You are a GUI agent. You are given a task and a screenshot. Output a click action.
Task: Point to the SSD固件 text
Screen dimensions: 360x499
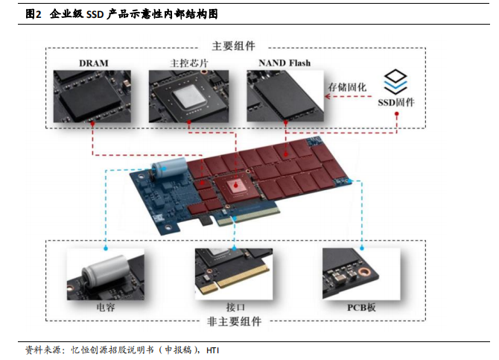click(397, 101)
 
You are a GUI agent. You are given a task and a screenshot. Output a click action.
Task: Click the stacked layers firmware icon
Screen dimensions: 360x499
click(397, 80)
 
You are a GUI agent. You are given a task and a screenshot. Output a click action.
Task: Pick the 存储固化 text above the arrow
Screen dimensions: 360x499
click(347, 87)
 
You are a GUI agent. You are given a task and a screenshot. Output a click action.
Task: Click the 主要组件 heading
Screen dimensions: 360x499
click(235, 45)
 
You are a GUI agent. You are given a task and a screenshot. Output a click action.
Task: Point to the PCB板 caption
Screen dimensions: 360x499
click(363, 307)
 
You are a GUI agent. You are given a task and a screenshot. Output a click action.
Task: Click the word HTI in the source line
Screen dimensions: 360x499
click(213, 350)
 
